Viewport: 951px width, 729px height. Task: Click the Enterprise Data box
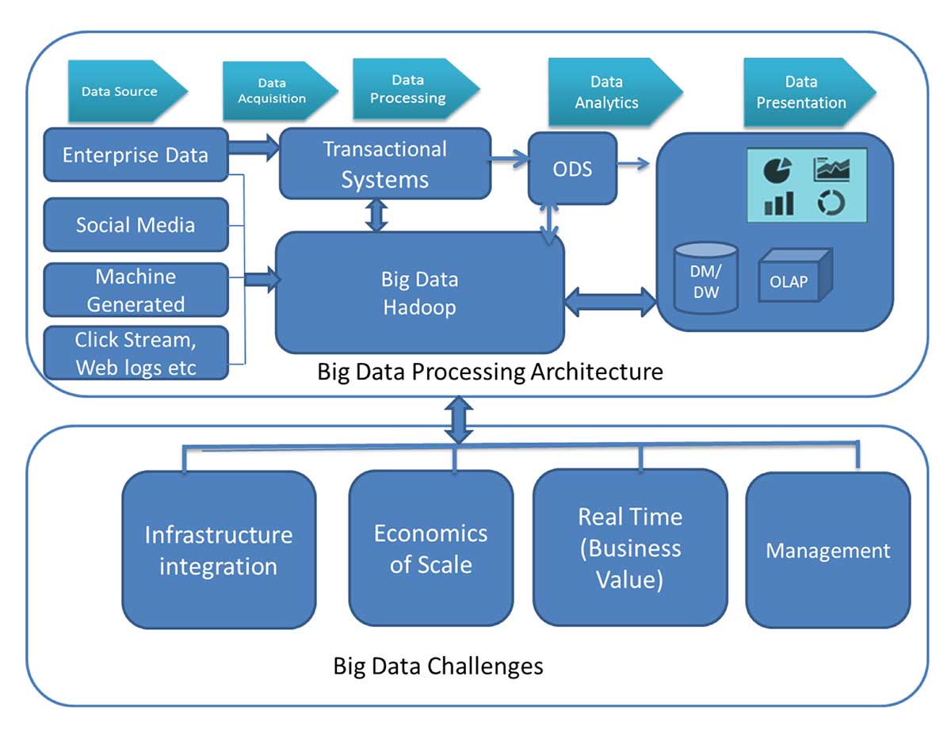136,155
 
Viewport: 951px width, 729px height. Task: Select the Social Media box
136,224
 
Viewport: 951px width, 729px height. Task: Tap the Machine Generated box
136,290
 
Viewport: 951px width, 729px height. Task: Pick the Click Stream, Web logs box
136,353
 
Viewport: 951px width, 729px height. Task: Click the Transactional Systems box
384,163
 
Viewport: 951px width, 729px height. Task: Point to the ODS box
572,169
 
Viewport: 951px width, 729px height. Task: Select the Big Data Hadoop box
419,292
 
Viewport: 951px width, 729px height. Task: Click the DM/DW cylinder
705,278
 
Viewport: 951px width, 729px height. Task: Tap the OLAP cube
795,276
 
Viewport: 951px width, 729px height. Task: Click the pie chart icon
777,170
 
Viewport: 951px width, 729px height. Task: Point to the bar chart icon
778,203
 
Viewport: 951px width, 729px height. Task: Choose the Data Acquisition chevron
280,90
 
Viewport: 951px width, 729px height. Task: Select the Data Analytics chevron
615,92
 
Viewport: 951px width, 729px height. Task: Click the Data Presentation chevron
810,92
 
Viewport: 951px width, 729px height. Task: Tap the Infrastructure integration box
219,550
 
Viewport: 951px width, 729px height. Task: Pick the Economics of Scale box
430,548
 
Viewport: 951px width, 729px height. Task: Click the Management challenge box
828,550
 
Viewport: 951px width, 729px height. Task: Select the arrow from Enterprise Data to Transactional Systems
254,147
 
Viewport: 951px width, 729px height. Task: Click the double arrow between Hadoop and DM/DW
610,301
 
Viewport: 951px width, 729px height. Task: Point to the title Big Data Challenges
438,666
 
